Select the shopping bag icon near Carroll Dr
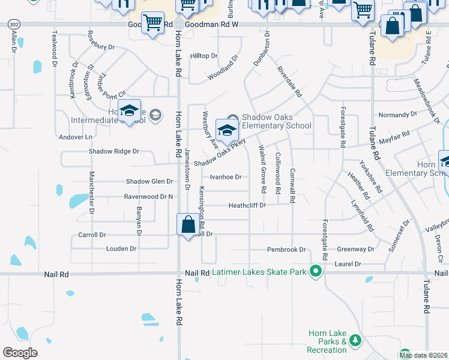coord(188,225)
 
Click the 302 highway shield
coord(13,24)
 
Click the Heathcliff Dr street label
coord(247,205)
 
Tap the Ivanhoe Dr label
coord(225,177)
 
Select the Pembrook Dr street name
coord(286,249)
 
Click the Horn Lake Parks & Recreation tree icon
coord(355,341)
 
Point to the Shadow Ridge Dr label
coord(114,152)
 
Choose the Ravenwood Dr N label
coord(148,197)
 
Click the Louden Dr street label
coord(121,248)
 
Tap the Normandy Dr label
coord(397,114)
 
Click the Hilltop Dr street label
coord(203,56)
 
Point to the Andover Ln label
coord(76,137)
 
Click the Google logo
coord(20,352)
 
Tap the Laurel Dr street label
coord(349,263)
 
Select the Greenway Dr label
coord(355,249)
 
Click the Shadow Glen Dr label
coord(149,181)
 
